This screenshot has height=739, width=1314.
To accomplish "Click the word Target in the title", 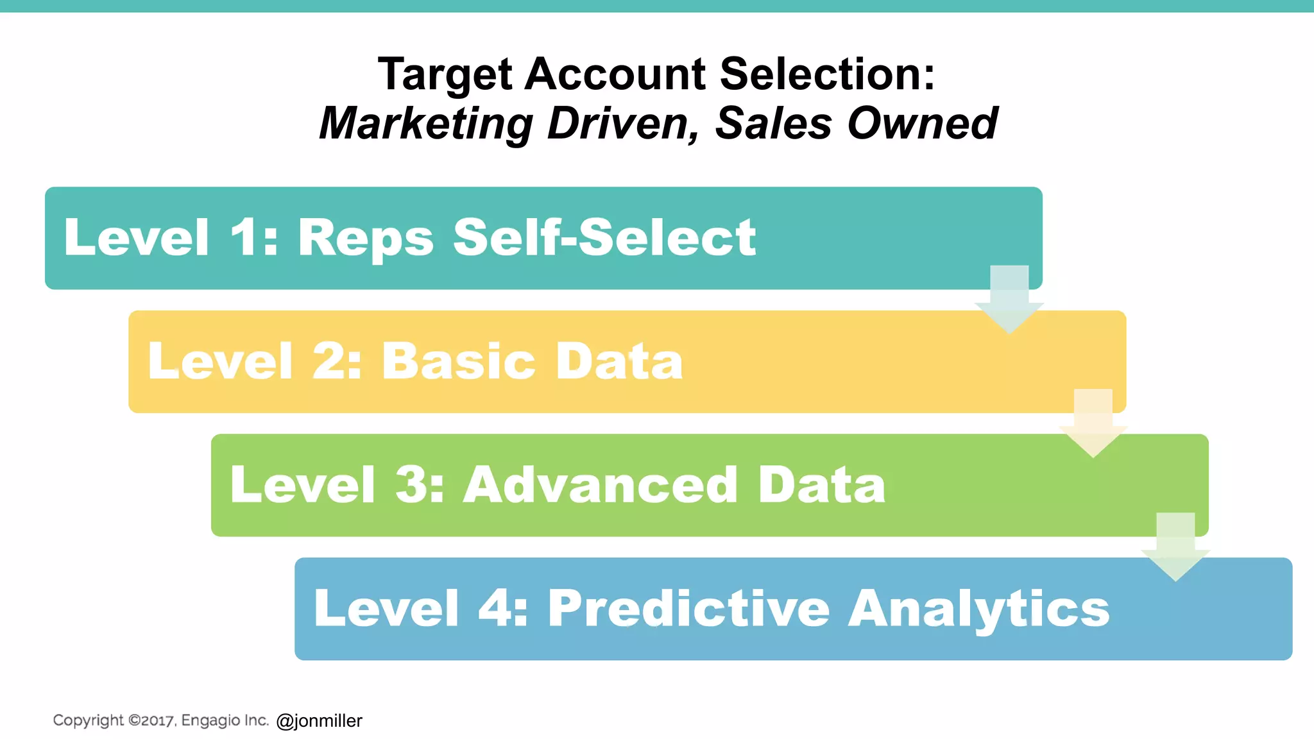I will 445,74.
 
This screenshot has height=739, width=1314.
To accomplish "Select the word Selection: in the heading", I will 828,74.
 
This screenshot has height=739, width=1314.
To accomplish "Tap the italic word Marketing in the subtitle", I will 426,123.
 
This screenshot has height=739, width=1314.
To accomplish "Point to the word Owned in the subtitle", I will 923,123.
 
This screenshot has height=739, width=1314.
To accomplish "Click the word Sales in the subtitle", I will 773,123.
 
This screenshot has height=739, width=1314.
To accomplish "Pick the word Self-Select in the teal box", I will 604,238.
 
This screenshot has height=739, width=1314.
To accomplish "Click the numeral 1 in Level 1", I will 245,238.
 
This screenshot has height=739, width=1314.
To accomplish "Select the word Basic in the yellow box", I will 459,361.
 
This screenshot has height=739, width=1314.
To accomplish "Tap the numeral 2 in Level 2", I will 329,361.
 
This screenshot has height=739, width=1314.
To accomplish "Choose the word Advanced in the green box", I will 601,485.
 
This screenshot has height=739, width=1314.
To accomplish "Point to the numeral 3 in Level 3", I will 411,485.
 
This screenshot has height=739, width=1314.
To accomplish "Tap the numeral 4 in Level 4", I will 495,608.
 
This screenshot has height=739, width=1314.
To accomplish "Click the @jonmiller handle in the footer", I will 319,721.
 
